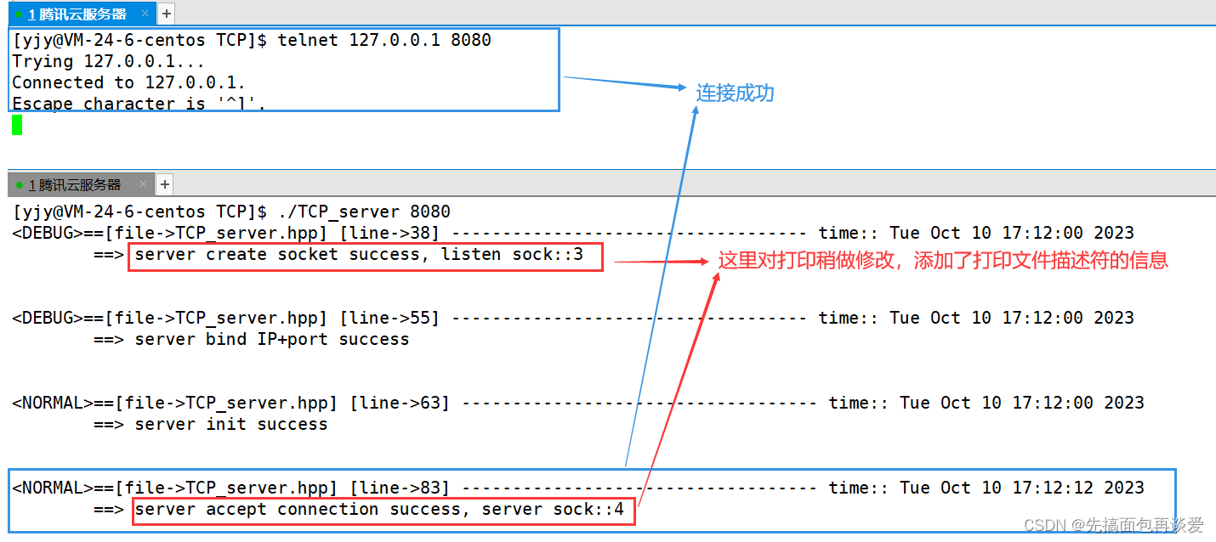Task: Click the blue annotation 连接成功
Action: click(x=735, y=93)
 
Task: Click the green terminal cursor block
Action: click(x=17, y=126)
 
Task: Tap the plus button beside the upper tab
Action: click(x=167, y=14)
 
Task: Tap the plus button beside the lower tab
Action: click(x=165, y=184)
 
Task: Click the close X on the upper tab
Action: click(x=145, y=14)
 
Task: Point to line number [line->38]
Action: click(x=389, y=233)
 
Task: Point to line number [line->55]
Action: click(x=389, y=318)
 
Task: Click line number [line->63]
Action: click(x=400, y=403)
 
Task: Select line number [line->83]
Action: click(x=400, y=488)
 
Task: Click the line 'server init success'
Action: click(x=230, y=424)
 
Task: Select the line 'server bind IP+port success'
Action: click(x=271, y=339)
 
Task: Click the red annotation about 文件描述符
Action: click(x=943, y=260)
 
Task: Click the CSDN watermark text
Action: click(x=1113, y=525)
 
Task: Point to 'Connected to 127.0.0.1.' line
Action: click(x=128, y=82)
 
